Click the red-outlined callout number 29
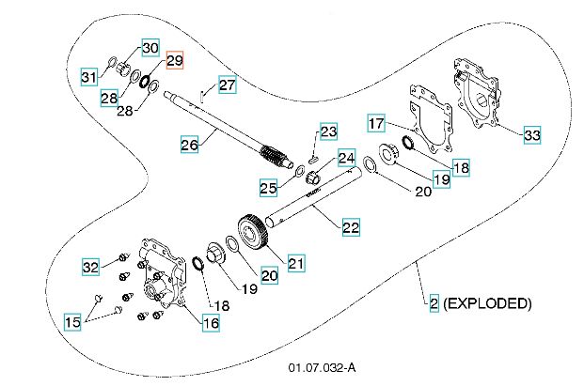coord(175,61)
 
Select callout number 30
coord(150,48)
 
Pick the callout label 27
coord(228,85)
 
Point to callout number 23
coord(327,131)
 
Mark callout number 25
coord(269,188)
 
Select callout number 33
coord(532,135)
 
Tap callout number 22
coord(351,227)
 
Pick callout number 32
coord(90,267)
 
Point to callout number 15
coord(72,323)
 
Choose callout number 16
coord(211,323)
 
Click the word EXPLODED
coord(488,303)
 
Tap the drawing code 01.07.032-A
coord(323,366)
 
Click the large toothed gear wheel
coord(252,236)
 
